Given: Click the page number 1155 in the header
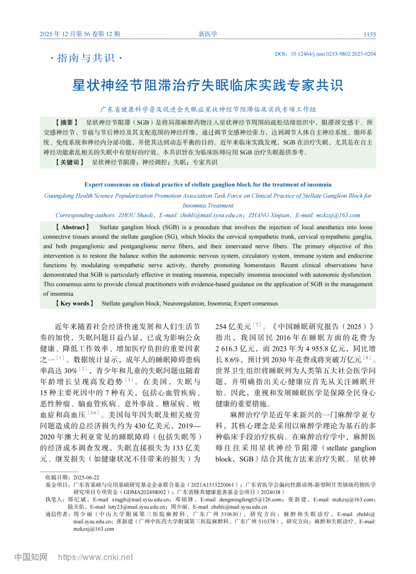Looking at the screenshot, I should click(x=370, y=34).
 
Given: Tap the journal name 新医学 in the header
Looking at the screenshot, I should click(x=208, y=34).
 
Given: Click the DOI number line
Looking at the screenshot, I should click(x=325, y=54).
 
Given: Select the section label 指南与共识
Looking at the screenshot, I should click(x=86, y=58).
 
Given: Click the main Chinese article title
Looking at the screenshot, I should click(x=208, y=85).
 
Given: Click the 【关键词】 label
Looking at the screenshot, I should click(x=69, y=162).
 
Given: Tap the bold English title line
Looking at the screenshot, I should click(x=208, y=185).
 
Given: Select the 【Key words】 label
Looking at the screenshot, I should click(x=75, y=303).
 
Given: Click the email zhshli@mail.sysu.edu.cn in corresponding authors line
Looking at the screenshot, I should click(x=211, y=215).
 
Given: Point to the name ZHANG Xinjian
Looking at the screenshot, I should click(x=269, y=215).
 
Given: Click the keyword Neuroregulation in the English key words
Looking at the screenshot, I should click(x=183, y=303).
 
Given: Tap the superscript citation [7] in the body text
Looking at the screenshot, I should click(x=257, y=324).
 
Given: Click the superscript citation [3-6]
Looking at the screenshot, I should click(x=93, y=413).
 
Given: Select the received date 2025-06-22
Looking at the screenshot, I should click(x=86, y=477).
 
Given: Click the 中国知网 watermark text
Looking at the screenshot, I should click(x=31, y=557).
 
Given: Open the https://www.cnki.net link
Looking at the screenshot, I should click(x=95, y=557).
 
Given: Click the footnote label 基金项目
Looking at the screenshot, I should click(x=55, y=485).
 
